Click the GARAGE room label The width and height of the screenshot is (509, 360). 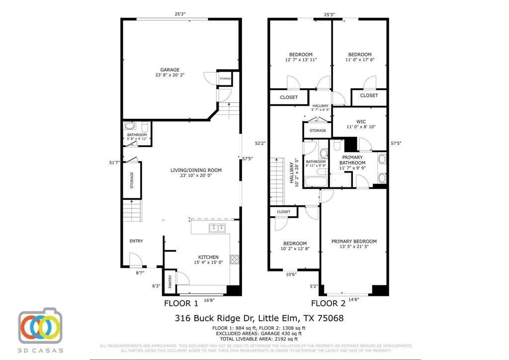click(x=170, y=70)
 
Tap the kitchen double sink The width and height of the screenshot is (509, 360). click(x=217, y=228)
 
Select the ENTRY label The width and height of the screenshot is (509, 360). click(x=136, y=241)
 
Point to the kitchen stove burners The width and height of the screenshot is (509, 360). click(x=235, y=259)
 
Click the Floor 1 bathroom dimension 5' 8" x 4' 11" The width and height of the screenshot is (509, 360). click(x=137, y=139)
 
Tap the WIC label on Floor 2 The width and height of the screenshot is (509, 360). click(x=361, y=121)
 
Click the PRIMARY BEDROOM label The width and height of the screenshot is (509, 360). click(x=354, y=241)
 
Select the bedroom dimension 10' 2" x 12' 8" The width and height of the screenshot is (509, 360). click(x=295, y=249)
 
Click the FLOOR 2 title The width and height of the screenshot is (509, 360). click(x=328, y=303)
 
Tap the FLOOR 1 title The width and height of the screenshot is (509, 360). click(x=181, y=303)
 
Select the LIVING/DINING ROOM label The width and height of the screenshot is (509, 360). click(x=196, y=170)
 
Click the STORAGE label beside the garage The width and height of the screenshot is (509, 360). click(x=225, y=79)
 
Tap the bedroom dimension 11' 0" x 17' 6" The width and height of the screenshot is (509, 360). click(x=359, y=60)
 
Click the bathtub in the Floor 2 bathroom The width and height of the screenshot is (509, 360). click(x=316, y=180)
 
